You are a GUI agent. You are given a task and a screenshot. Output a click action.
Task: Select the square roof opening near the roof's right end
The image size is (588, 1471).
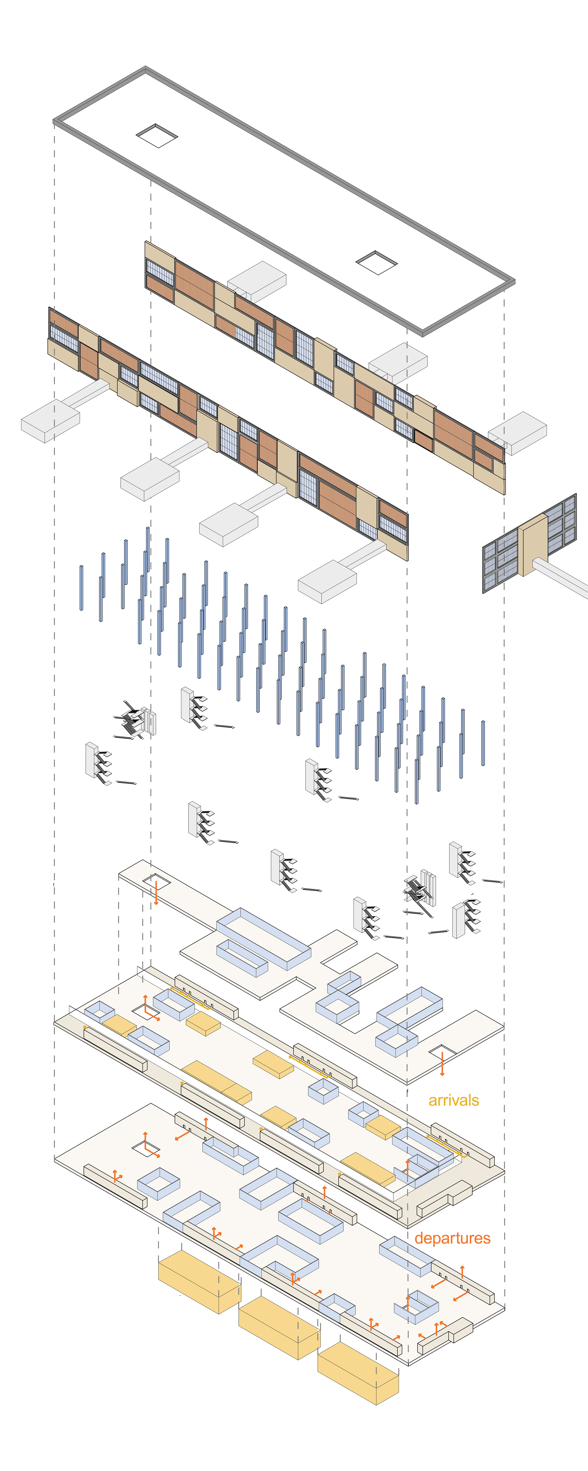pos(376,262)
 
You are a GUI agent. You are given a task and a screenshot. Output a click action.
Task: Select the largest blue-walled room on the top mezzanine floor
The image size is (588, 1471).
pos(264,938)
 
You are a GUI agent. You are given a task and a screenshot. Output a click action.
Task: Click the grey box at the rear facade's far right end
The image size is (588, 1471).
pos(517,433)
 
